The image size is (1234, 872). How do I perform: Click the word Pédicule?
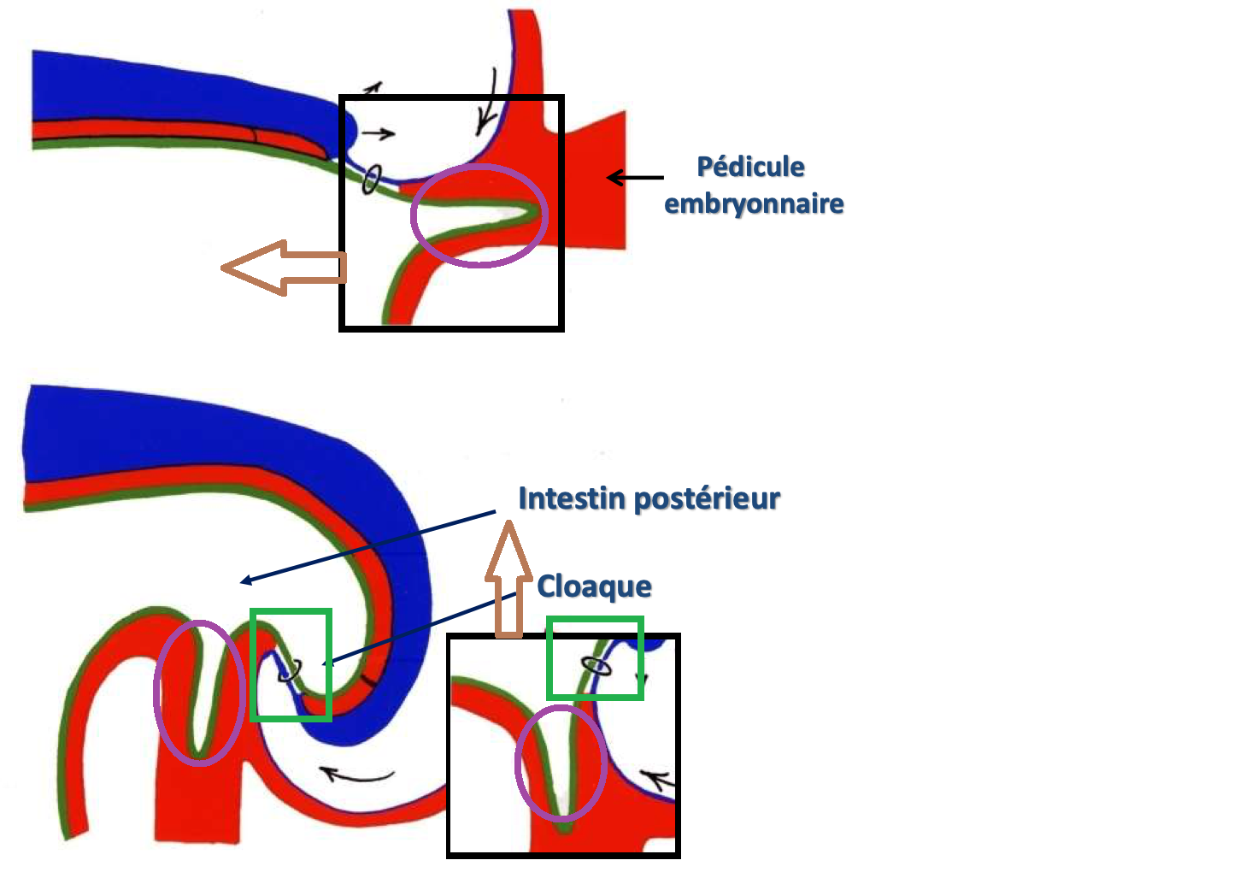750,167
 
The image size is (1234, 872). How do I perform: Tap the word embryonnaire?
754,203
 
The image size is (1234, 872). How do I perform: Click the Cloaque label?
594,586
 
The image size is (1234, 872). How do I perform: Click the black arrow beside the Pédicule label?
634,178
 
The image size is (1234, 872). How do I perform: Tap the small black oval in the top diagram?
371,180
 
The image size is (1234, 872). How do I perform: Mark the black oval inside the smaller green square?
596,665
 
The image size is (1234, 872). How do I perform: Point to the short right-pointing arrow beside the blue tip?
378,133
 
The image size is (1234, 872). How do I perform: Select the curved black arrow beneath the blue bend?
356,775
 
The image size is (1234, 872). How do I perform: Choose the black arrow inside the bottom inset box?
658,779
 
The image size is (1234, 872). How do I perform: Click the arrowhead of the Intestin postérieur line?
245,581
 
